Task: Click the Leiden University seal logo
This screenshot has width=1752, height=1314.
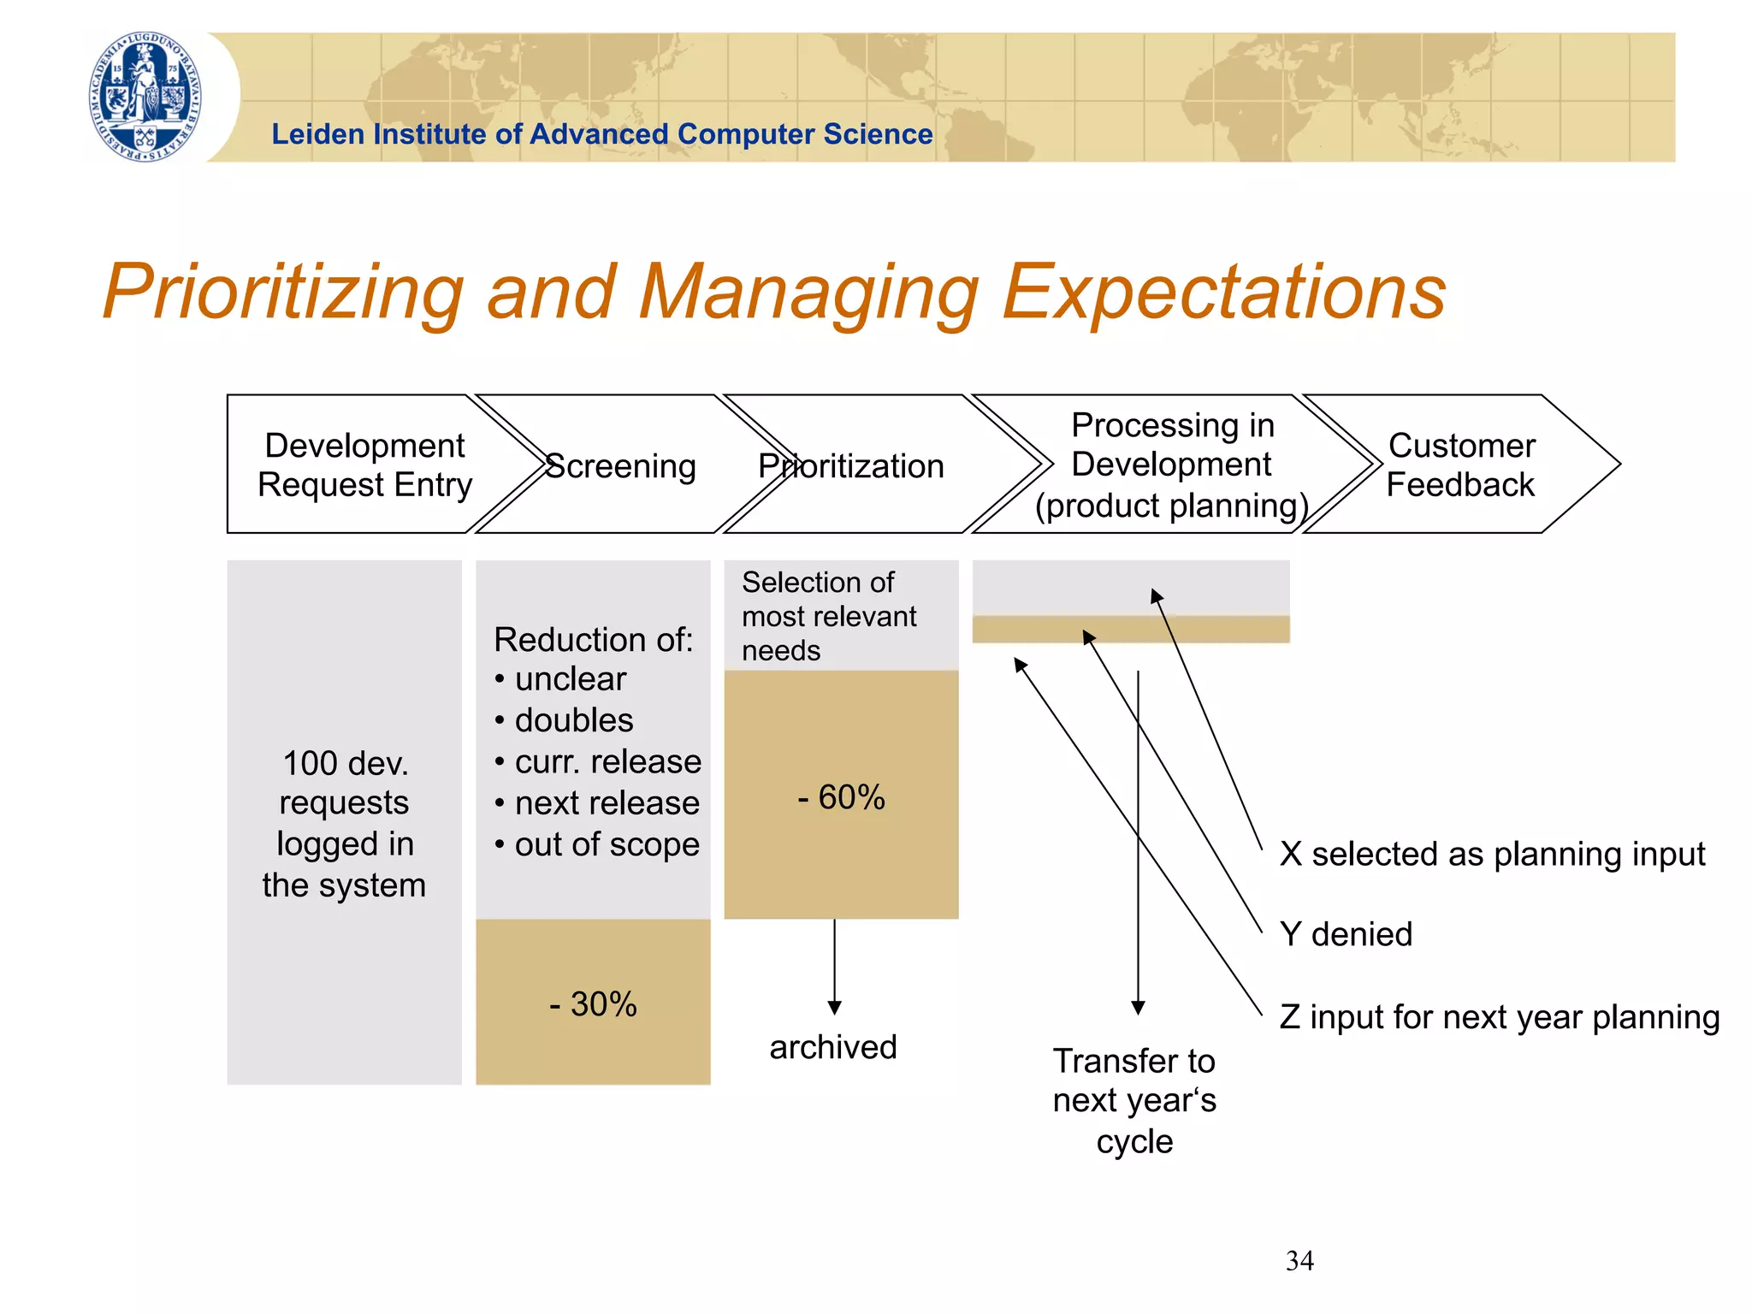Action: [145, 97]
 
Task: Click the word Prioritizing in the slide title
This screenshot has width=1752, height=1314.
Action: [282, 292]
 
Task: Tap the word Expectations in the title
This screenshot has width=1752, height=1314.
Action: [1223, 292]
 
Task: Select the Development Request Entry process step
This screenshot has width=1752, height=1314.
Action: [364, 465]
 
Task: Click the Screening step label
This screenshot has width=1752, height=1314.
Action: [620, 466]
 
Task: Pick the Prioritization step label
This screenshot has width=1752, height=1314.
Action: [851, 466]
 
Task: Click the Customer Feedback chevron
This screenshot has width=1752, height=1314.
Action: [1460, 465]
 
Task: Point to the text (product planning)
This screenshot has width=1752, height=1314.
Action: [1171, 506]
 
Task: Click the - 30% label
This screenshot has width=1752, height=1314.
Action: [593, 1003]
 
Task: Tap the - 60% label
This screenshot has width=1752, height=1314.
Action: [841, 796]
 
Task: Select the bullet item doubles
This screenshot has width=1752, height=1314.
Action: [573, 719]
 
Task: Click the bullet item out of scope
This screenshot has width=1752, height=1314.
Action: [607, 844]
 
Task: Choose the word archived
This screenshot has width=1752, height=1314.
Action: [833, 1046]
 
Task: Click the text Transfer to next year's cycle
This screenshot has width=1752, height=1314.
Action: [1134, 1100]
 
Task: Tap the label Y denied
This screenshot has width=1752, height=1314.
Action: [1346, 933]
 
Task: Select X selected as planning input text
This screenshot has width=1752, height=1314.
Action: [1492, 854]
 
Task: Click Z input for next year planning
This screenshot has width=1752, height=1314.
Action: [1499, 1017]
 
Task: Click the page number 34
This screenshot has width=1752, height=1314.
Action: [1299, 1260]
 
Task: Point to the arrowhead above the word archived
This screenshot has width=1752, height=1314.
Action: [834, 1007]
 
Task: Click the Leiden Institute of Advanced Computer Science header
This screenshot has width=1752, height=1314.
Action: [601, 134]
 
